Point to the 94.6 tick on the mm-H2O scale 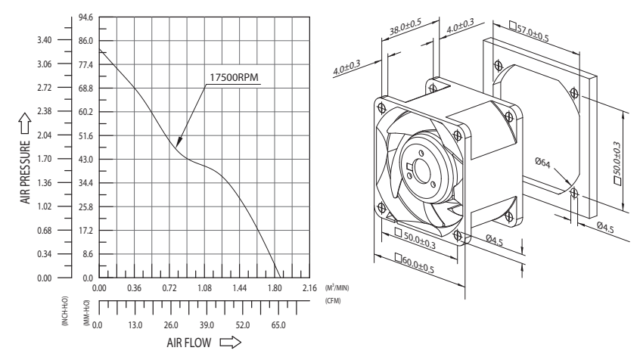85,17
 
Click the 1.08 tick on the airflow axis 204,289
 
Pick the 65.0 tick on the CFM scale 278,325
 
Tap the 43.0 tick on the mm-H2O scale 85,160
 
